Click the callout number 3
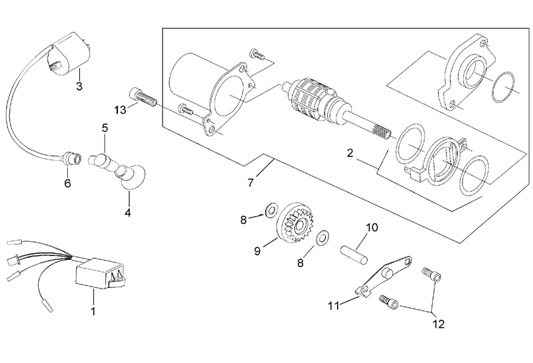point(79,86)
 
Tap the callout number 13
point(120,110)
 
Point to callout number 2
point(349,153)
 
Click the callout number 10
point(372,227)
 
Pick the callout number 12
point(438,325)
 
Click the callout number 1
point(93,310)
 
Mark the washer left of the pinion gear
point(271,210)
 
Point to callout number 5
point(104,127)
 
